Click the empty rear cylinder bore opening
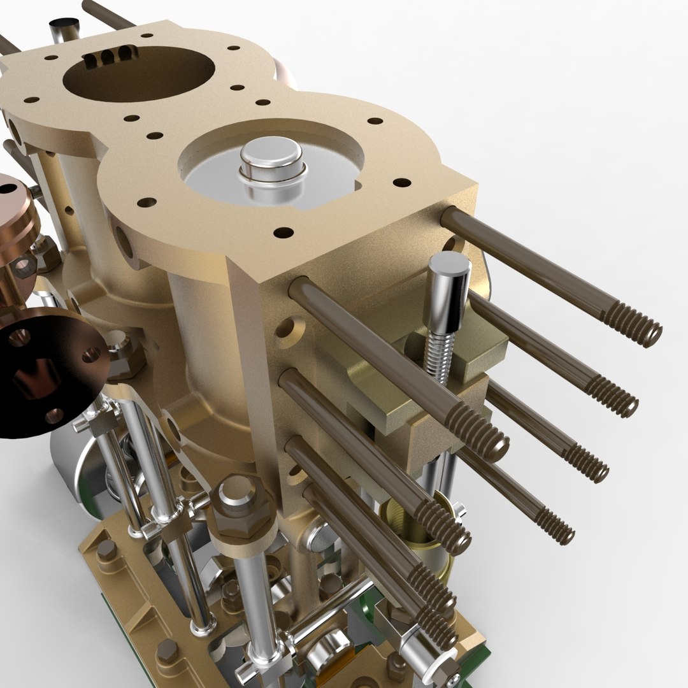[x=139, y=74]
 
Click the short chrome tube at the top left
[x=64, y=29]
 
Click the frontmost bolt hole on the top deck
[x=283, y=233]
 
